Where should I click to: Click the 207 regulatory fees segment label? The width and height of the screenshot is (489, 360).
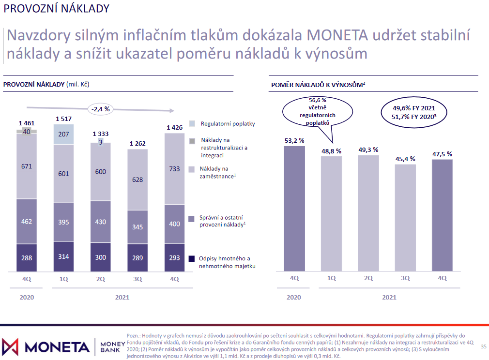point(63,134)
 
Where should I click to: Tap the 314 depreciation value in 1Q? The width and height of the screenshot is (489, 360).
point(63,256)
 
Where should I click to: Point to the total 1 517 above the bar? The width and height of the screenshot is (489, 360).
point(63,119)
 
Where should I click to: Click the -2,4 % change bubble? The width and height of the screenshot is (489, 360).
point(100,109)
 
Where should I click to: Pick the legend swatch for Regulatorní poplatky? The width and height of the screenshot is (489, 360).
point(192,124)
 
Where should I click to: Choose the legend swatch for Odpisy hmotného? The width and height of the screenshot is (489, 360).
point(192,258)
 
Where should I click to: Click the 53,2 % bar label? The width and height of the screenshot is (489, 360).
point(294,140)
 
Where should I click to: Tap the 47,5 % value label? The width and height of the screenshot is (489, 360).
point(442,154)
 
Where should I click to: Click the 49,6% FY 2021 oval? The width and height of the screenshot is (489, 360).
point(413,113)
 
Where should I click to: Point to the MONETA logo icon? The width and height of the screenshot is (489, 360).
point(11,346)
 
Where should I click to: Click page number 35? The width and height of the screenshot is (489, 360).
point(483,346)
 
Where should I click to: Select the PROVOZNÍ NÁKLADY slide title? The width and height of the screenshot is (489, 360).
point(56,8)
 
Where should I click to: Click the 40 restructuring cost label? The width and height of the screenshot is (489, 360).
point(27,132)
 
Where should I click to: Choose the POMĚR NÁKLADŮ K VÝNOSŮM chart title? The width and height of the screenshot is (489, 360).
point(318,85)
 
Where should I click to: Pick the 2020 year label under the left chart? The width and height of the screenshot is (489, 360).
point(27,297)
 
